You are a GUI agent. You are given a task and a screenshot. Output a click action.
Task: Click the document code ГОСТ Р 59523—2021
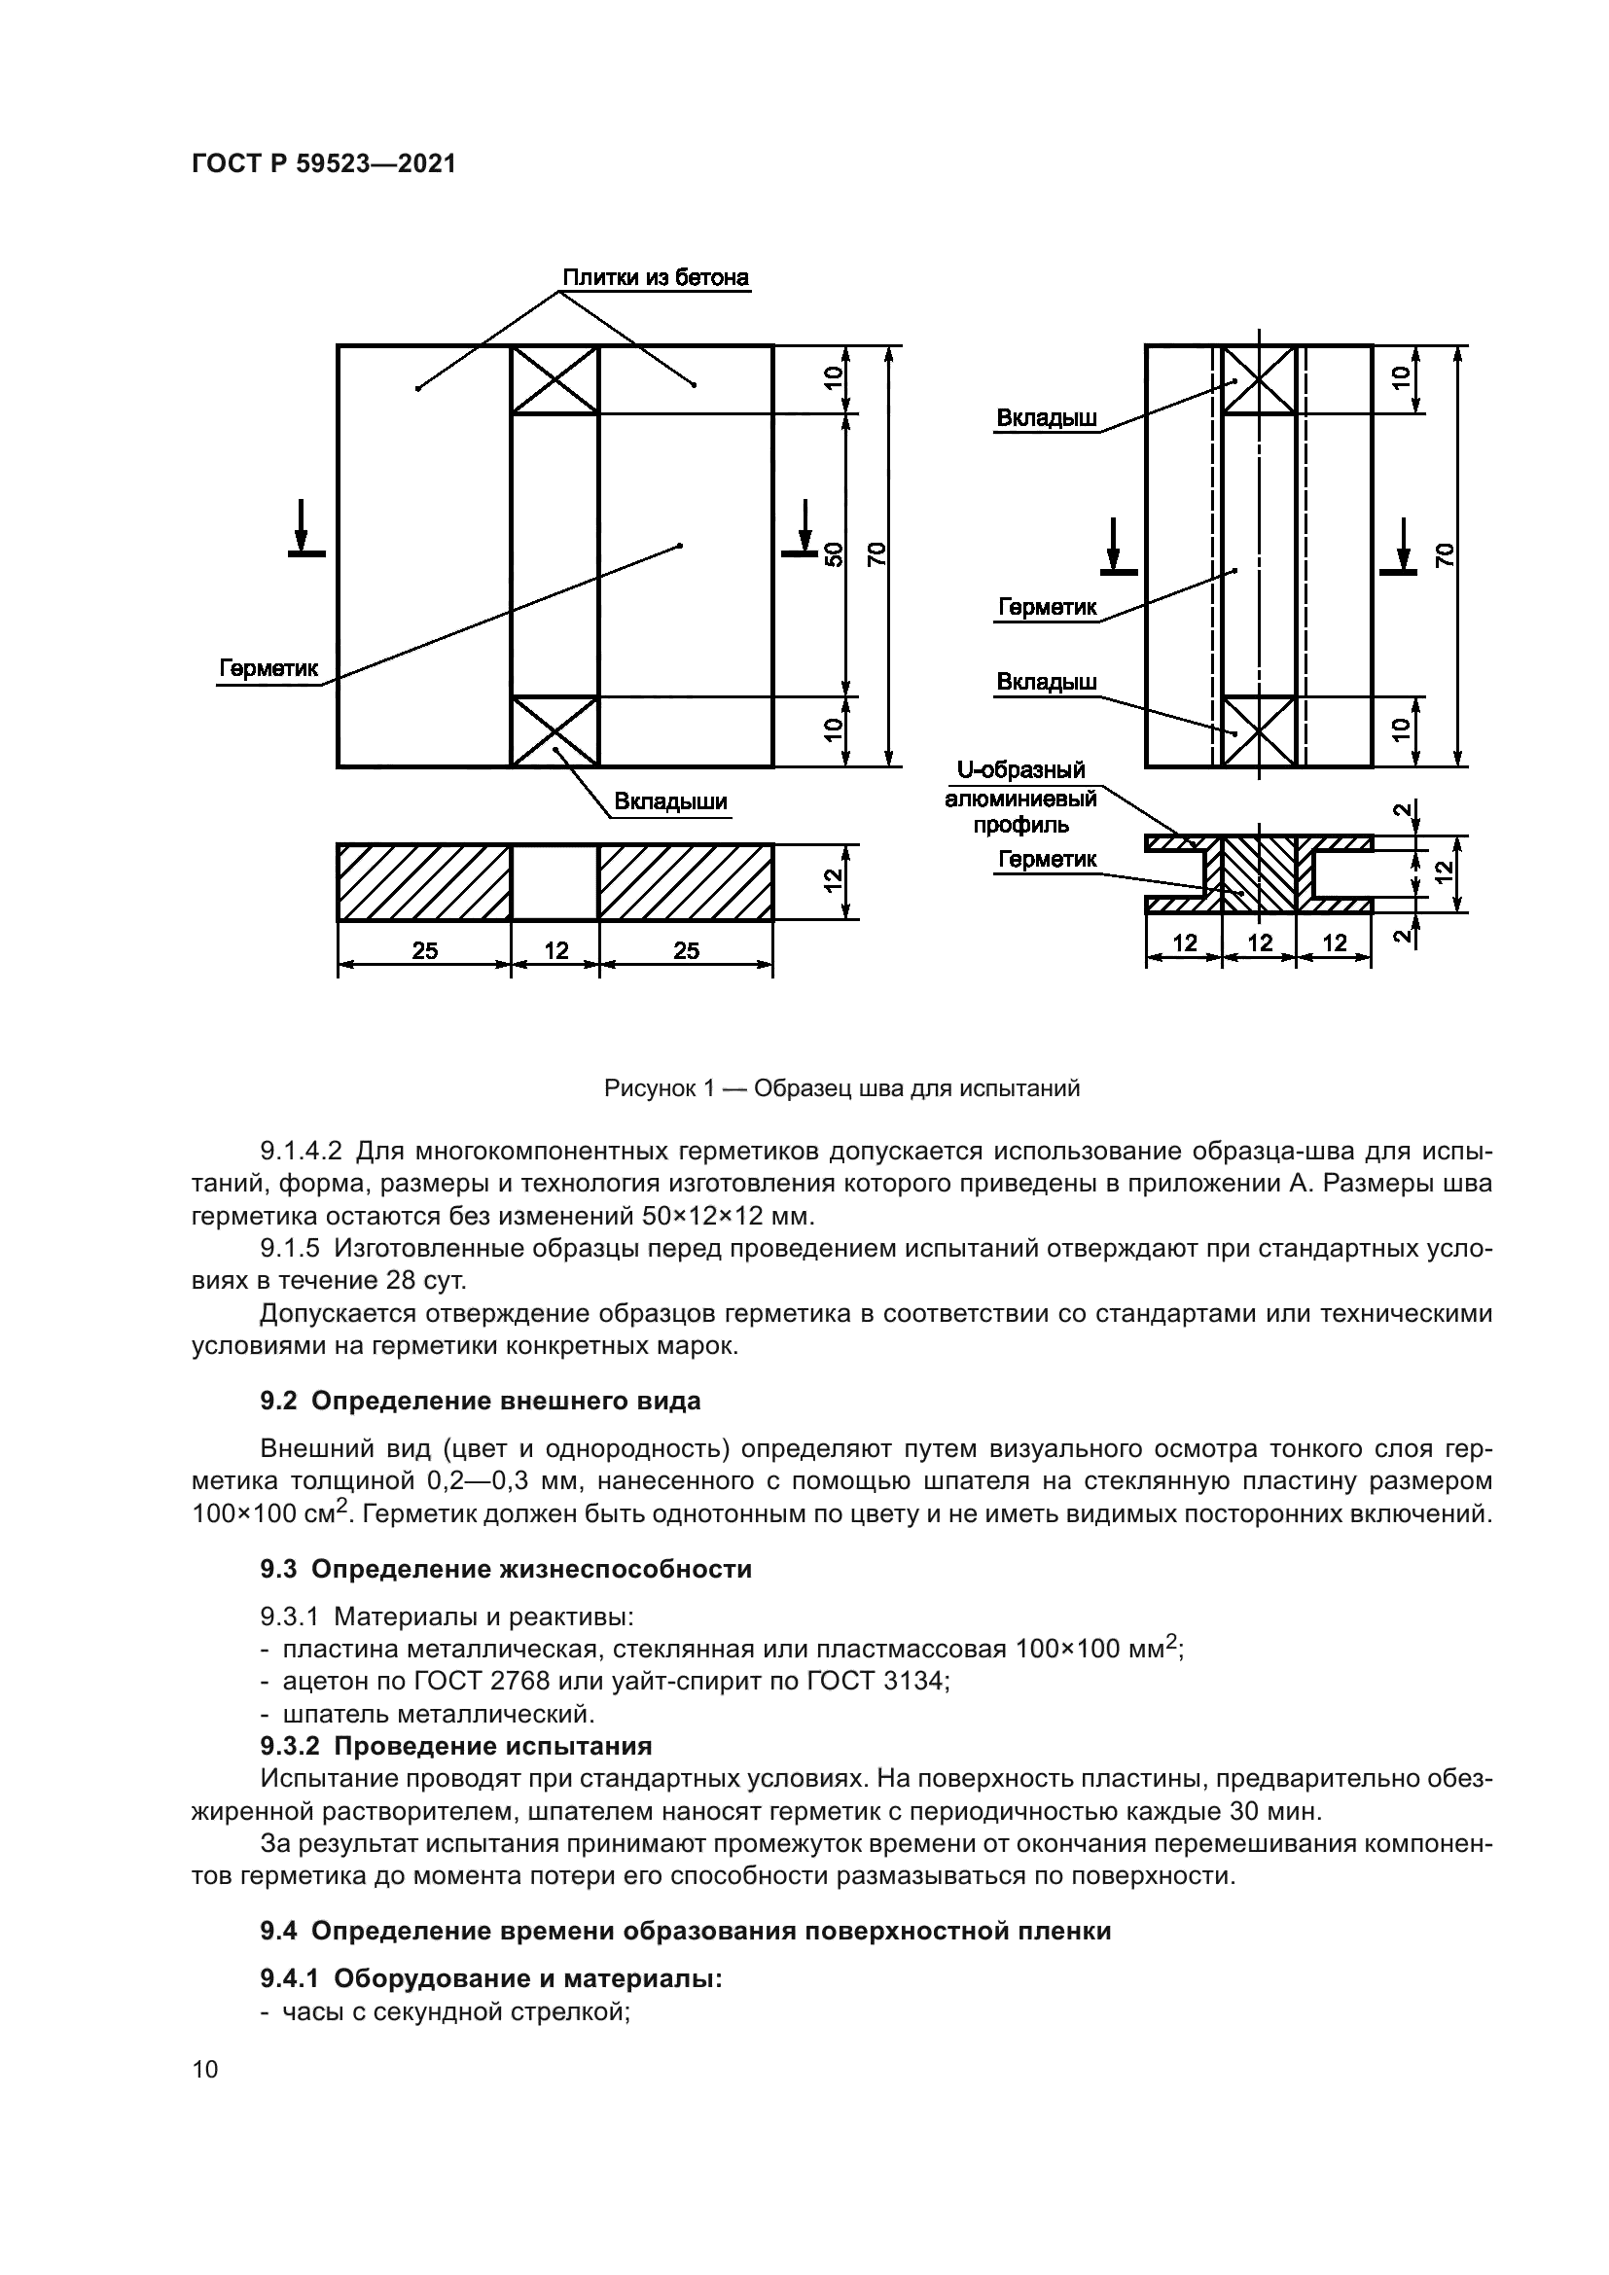pos(323,164)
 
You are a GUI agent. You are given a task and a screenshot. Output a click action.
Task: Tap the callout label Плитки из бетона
pos(655,277)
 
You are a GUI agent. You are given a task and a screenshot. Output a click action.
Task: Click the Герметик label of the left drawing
pos(268,668)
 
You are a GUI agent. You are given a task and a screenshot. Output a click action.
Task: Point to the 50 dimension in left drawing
pos(834,553)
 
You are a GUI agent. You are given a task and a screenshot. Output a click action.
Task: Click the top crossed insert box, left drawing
pos(554,378)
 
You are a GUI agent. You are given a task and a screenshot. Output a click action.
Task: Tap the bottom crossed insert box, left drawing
pos(554,731)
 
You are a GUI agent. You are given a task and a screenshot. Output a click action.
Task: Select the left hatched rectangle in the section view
pos(424,883)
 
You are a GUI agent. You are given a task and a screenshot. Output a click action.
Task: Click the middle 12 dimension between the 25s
pos(555,950)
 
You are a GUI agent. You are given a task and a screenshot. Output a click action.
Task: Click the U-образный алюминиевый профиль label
pos(1020,797)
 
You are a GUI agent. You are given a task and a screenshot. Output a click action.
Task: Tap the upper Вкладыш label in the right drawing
pos(1047,418)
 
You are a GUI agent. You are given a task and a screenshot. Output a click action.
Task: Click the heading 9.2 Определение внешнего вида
pos(481,1401)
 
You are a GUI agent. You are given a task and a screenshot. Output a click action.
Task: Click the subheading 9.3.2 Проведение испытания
pos(455,1746)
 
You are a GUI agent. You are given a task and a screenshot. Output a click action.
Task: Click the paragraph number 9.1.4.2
pos(301,1152)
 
